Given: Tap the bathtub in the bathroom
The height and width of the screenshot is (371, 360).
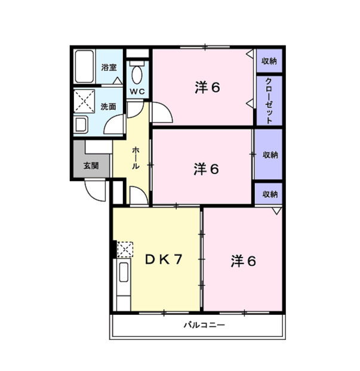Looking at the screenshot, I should point(84,68).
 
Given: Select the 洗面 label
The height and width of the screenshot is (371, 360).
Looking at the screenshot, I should point(108,107).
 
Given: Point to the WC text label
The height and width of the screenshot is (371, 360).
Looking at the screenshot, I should point(137,91).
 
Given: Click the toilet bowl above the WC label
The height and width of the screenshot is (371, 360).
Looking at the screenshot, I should point(138,76).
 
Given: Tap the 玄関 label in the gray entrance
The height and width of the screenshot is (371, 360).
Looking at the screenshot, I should point(91,166).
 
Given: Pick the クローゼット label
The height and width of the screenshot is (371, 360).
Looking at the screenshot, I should point(269,100).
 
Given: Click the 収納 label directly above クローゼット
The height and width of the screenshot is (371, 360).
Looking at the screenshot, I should point(269,61).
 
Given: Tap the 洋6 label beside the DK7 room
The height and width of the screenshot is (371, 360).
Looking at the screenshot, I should point(244,261).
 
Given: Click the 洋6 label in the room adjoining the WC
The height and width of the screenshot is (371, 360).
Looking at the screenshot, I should point(207,87).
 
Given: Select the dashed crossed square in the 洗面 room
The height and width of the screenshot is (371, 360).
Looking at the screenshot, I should point(84,100).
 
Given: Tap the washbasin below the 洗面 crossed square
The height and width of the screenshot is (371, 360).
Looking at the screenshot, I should point(81,125).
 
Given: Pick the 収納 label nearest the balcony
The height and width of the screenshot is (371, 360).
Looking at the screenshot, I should point(269,194).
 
